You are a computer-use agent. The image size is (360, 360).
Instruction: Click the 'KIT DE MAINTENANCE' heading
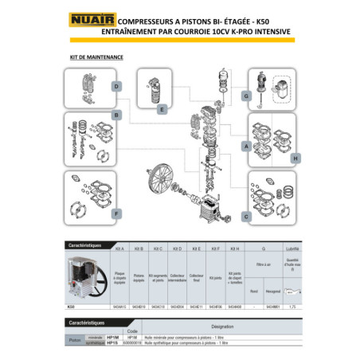tap(92, 58)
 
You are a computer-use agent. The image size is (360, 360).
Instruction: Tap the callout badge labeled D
tap(116, 87)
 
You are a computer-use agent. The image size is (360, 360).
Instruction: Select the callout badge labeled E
tap(162, 108)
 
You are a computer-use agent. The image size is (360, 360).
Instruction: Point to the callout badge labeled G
tap(246, 96)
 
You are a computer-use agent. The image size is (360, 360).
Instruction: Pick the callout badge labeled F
tap(116, 213)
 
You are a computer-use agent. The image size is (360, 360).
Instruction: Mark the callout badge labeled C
tap(246, 215)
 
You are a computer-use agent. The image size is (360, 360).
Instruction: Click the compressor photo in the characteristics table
tap(84, 278)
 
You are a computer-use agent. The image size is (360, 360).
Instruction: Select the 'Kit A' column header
tap(120, 249)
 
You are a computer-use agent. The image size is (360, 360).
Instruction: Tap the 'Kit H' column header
tap(234, 249)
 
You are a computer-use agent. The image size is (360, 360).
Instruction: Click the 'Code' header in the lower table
tap(133, 332)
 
